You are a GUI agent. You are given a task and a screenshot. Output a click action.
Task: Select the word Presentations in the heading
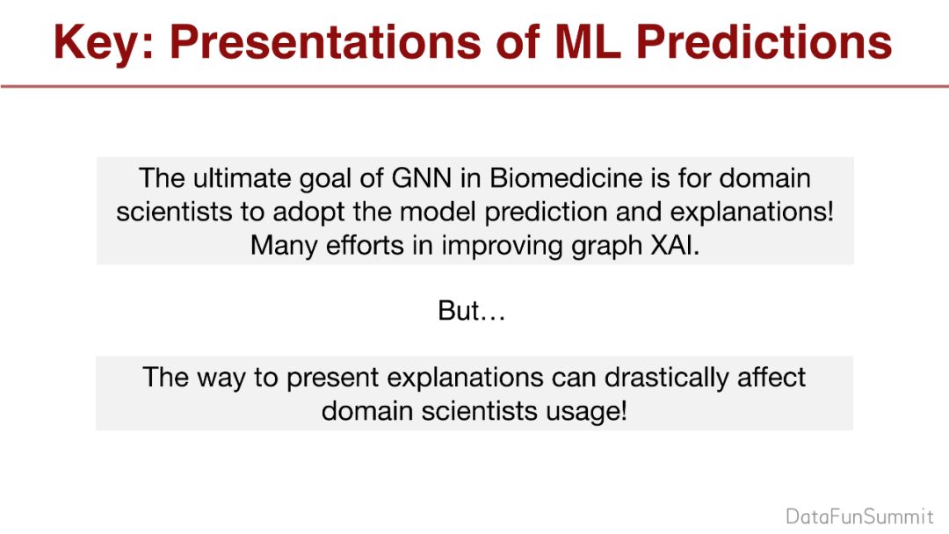click(325, 42)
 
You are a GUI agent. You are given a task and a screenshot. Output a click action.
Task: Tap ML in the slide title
click(588, 42)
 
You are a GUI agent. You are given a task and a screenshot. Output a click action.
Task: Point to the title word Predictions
click(764, 42)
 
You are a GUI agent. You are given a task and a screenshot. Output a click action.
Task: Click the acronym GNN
click(422, 178)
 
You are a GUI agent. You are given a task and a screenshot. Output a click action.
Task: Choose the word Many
click(285, 247)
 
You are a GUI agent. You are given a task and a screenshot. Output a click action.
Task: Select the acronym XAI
click(675, 246)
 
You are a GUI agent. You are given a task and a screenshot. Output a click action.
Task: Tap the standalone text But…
click(472, 311)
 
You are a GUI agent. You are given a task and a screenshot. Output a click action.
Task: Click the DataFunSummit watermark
click(859, 516)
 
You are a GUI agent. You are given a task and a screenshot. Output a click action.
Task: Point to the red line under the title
click(474, 86)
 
